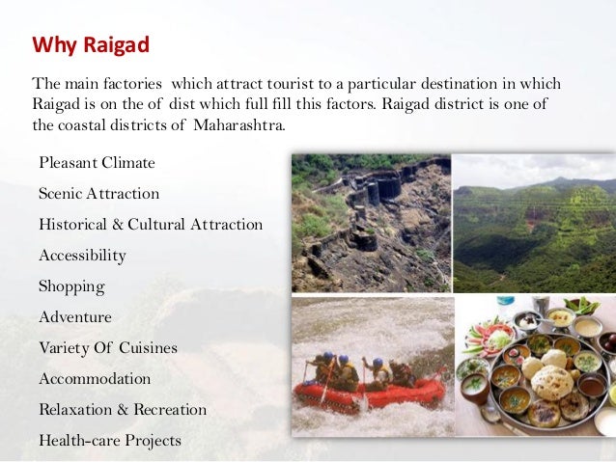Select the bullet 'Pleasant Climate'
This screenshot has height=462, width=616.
(x=97, y=162)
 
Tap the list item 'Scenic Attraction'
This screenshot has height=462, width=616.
(x=98, y=193)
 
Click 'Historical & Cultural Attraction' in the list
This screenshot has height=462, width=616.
(x=151, y=224)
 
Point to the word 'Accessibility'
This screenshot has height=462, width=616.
(x=82, y=256)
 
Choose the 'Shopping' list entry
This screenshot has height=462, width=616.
(x=71, y=286)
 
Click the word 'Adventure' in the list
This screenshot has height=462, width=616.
(x=75, y=317)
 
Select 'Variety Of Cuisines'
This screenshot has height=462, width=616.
(x=108, y=347)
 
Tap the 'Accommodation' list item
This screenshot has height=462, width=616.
(x=95, y=379)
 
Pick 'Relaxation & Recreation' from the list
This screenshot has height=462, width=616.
(x=123, y=410)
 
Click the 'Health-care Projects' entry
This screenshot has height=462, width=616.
(x=109, y=441)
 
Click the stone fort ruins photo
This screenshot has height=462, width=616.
(x=371, y=223)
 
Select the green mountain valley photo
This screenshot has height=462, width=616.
(x=534, y=223)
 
